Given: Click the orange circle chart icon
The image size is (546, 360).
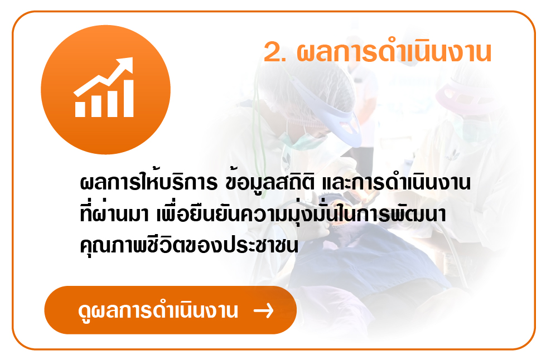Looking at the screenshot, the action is click(x=105, y=89).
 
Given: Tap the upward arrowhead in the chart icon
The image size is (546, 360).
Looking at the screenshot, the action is click(x=125, y=65).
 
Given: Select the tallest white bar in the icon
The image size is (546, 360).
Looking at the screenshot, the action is click(x=128, y=99).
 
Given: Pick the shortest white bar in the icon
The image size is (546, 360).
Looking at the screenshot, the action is click(x=80, y=109).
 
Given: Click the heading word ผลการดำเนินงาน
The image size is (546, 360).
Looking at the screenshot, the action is click(x=394, y=52).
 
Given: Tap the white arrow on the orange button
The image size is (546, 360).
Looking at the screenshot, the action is click(x=264, y=310).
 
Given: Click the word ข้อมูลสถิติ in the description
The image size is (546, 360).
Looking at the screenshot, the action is click(x=270, y=182).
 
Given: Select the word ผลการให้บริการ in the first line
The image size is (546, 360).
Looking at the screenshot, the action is click(x=149, y=182).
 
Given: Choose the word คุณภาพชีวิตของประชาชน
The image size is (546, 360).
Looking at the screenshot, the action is click(x=189, y=245).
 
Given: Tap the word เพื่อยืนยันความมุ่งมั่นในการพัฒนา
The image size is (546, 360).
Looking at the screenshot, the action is click(x=301, y=213).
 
